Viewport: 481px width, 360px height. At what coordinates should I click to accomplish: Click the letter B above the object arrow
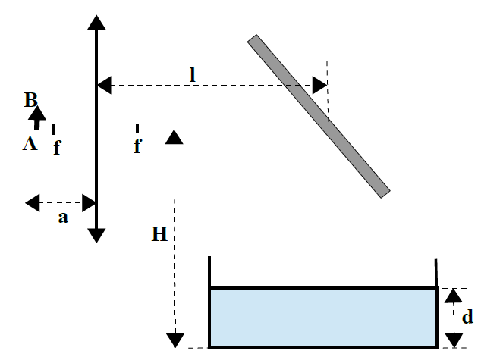point(30,99)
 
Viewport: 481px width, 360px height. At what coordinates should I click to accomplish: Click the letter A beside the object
point(29,143)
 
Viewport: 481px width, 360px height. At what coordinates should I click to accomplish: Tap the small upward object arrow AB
point(39,120)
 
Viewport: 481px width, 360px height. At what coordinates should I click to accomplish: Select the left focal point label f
point(57,147)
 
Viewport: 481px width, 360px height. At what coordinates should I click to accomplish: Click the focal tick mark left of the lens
point(52,129)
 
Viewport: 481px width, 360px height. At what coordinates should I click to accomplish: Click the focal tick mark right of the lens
point(137,128)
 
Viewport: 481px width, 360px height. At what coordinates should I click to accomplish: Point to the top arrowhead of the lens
point(96,21)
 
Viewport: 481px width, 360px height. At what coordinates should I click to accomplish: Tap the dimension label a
point(63,218)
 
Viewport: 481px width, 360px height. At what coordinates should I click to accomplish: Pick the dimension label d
point(468,316)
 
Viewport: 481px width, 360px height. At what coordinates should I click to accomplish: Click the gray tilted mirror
point(319,115)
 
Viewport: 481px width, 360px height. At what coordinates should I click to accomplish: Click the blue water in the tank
point(322,317)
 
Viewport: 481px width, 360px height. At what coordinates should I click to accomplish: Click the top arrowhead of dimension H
point(175,136)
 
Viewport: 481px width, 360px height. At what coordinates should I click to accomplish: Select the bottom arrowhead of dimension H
point(175,339)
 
